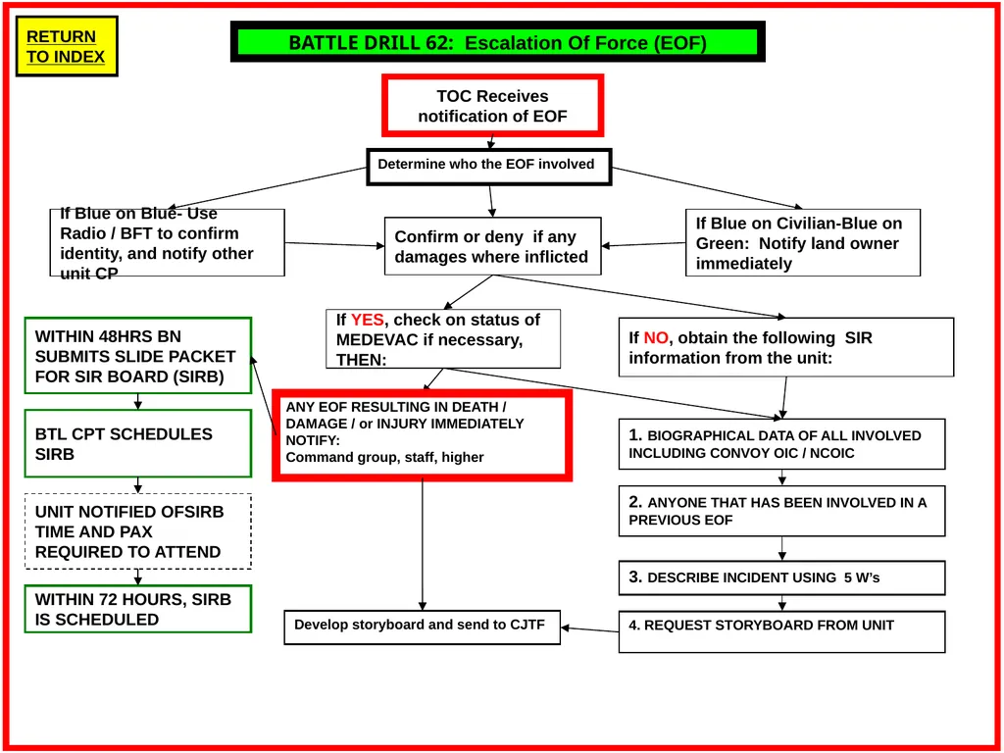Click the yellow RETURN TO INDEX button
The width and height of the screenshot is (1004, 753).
click(x=67, y=46)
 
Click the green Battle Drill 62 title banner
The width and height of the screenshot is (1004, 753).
click(x=497, y=42)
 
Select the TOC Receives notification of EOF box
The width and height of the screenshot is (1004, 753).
click(x=492, y=106)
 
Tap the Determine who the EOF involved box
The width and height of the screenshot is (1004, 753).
click(x=488, y=167)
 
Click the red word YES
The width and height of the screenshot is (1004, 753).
click(x=368, y=320)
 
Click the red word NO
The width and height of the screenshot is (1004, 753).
click(x=656, y=337)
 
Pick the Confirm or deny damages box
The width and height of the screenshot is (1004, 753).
click(x=492, y=246)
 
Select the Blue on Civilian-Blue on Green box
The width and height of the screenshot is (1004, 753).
click(x=803, y=243)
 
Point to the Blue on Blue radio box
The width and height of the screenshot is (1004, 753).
click(x=167, y=243)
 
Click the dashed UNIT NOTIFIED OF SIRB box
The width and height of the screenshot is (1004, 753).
click(x=137, y=531)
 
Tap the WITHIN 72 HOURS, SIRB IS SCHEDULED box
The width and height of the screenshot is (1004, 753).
click(x=137, y=609)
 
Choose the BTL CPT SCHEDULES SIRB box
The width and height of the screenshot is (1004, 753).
click(x=137, y=444)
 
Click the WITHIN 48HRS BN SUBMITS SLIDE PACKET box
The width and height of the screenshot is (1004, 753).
click(x=137, y=355)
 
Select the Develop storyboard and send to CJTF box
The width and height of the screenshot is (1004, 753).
click(x=422, y=627)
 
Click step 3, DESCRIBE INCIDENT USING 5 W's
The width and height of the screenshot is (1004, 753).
click(x=781, y=578)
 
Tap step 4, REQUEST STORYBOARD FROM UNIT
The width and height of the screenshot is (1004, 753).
click(x=781, y=631)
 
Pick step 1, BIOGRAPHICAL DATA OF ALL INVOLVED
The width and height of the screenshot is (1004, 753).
click(x=781, y=444)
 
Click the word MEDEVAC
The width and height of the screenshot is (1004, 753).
click(x=376, y=339)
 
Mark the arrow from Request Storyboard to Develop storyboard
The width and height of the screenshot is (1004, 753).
click(x=589, y=630)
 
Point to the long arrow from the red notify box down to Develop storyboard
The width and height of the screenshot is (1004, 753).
click(x=422, y=544)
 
